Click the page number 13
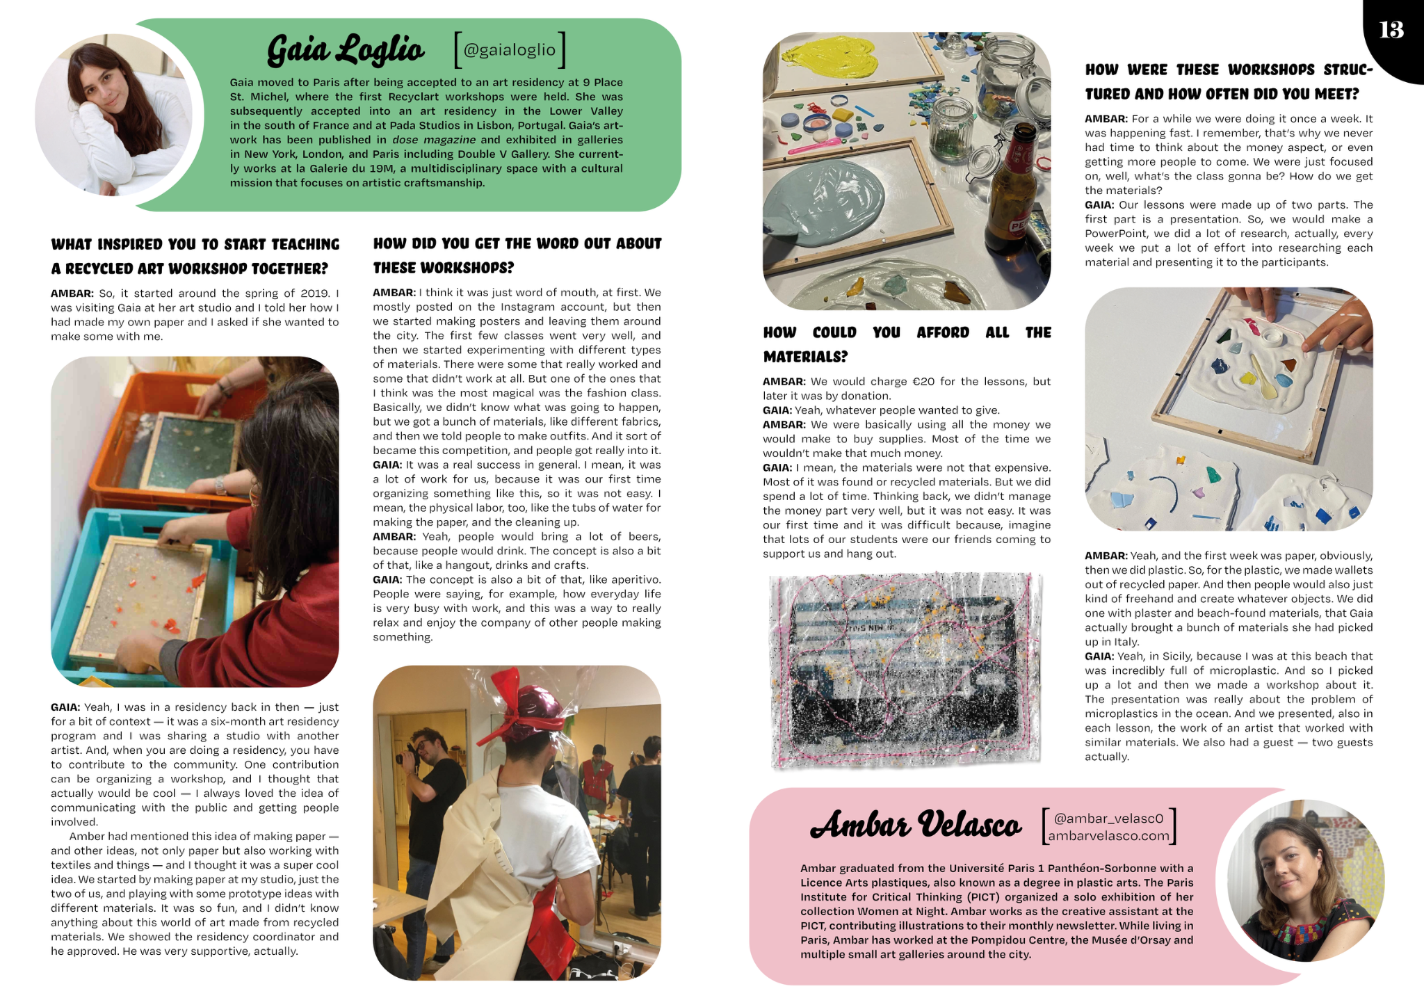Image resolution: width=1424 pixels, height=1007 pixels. [1391, 30]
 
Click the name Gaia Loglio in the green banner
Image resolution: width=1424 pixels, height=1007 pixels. [345, 50]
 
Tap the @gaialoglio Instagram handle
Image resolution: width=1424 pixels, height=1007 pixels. [509, 50]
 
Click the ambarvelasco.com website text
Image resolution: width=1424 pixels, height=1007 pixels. [1108, 836]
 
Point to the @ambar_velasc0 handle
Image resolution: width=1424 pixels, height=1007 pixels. [1108, 819]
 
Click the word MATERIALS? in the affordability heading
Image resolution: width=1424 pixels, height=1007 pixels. [805, 357]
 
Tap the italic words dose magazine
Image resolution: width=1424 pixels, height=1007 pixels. [434, 140]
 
